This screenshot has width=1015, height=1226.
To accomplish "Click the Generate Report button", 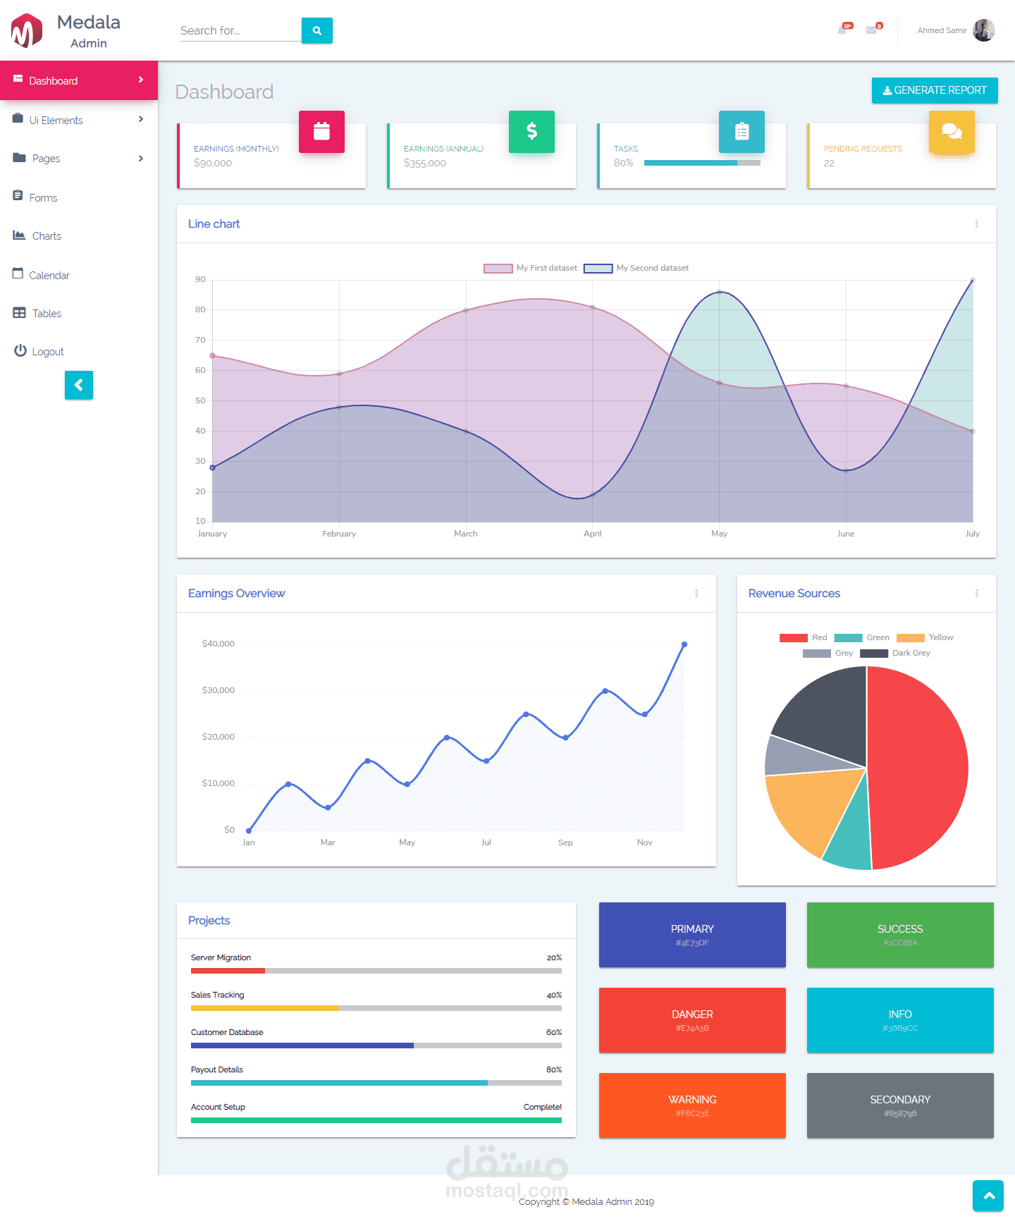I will (x=934, y=90).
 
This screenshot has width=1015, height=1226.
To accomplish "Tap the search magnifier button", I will (x=317, y=30).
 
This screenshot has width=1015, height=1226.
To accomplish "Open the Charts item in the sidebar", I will (x=47, y=236).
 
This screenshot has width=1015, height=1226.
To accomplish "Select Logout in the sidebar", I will (x=47, y=352).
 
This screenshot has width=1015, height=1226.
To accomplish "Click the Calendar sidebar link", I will (x=49, y=276).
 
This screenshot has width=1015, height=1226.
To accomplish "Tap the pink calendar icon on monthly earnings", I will (x=321, y=132).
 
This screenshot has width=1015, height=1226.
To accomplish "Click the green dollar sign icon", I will (x=531, y=132).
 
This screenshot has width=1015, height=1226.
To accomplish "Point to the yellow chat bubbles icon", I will (x=952, y=132).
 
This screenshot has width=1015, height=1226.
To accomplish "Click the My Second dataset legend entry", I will (x=636, y=268).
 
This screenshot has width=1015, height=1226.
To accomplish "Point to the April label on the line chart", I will (x=592, y=534).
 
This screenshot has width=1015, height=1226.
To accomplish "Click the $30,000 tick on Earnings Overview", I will (x=219, y=690).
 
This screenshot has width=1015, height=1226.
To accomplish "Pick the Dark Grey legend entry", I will (x=895, y=653).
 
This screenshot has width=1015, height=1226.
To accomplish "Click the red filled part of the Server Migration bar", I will (x=228, y=971).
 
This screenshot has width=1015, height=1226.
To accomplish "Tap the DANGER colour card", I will (x=692, y=1020).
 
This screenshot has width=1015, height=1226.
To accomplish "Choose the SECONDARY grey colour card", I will (x=900, y=1105).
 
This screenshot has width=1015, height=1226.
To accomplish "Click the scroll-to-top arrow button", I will (x=988, y=1196).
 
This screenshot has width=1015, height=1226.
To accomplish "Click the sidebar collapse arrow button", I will (x=79, y=385).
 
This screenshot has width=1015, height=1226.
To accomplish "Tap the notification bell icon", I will (x=842, y=30).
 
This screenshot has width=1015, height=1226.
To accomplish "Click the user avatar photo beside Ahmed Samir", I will (x=983, y=30).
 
